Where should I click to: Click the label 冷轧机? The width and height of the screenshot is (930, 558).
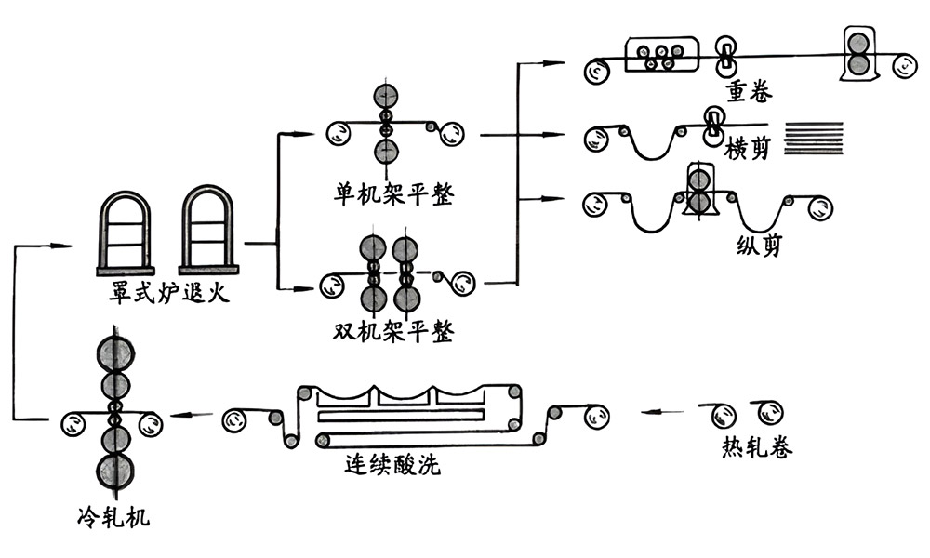[x=114, y=516]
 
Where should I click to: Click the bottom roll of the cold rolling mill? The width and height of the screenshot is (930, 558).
[x=115, y=472]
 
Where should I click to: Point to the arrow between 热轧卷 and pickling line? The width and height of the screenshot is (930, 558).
[x=666, y=409]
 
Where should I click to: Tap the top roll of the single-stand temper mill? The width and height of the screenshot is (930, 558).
[x=385, y=98]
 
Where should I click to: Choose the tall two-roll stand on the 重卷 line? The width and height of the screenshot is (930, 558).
[x=859, y=52]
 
